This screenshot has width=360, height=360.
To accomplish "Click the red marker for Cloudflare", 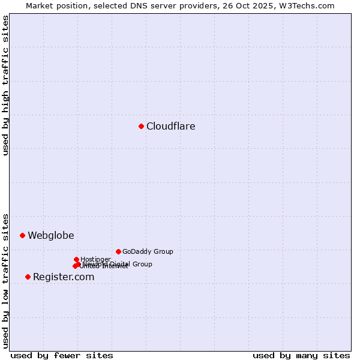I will click(x=141, y=126).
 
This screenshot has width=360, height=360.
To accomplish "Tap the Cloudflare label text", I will click(x=171, y=127).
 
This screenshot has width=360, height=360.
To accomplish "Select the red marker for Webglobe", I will click(x=22, y=235).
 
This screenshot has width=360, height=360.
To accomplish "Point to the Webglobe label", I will click(x=51, y=236).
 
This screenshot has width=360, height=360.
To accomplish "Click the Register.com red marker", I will click(x=28, y=277).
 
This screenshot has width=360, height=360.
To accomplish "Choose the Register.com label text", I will click(x=64, y=277).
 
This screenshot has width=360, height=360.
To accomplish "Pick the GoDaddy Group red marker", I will click(x=118, y=251).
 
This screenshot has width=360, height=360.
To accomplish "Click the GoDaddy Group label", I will click(x=148, y=252).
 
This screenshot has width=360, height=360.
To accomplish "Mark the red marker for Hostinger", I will click(x=76, y=259).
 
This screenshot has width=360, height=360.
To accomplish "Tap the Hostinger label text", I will click(x=95, y=260).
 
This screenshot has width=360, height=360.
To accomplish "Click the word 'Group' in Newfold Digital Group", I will click(x=142, y=264).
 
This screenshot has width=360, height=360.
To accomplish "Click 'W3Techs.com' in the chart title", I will click(x=311, y=5).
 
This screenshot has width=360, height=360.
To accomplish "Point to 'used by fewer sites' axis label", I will click(x=62, y=355).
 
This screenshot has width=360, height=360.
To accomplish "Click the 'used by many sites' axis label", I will click(x=301, y=355).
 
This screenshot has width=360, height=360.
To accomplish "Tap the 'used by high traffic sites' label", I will click(x=5, y=85).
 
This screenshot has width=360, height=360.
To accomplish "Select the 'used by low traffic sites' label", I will click(x=5, y=280).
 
